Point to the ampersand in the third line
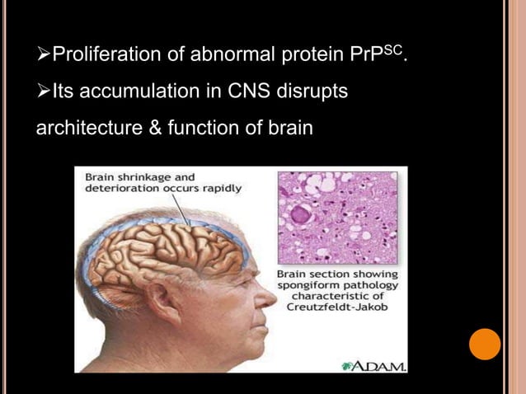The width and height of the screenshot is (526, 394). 154,129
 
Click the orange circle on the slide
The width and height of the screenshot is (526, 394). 485,344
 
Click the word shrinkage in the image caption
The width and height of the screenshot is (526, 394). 145,176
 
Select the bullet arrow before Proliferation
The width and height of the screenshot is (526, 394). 43,56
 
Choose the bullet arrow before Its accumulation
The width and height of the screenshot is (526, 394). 43,92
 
